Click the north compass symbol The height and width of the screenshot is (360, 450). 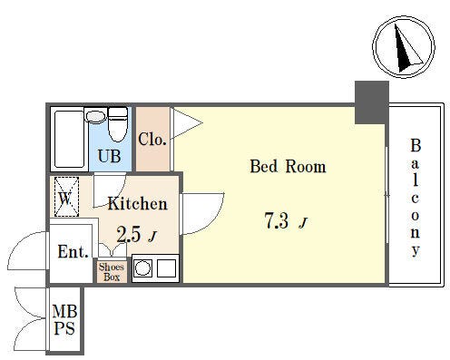click(x=404, y=47)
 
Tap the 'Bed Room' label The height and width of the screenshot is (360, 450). click(x=288, y=166)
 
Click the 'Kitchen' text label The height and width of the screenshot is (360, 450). click(x=138, y=203)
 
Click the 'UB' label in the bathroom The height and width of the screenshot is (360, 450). click(x=109, y=156)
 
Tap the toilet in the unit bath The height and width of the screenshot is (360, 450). click(x=118, y=124)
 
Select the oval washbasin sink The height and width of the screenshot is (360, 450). click(x=95, y=116)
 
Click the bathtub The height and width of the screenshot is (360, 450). click(x=69, y=139)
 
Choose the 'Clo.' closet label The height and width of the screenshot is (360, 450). click(x=152, y=140)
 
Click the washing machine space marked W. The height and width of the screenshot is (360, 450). click(x=66, y=197)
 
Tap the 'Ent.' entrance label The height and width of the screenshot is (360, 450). click(x=73, y=251)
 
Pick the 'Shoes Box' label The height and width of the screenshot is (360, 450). click(x=112, y=272)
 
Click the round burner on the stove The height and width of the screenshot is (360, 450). click(x=142, y=268)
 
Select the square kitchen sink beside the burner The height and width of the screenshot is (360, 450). click(x=166, y=268)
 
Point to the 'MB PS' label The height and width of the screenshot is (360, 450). click(x=64, y=320)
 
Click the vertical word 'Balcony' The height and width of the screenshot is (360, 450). click(x=416, y=198)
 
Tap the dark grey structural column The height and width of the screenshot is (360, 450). click(x=372, y=102)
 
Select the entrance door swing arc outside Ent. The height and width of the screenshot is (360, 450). click(x=28, y=250)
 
